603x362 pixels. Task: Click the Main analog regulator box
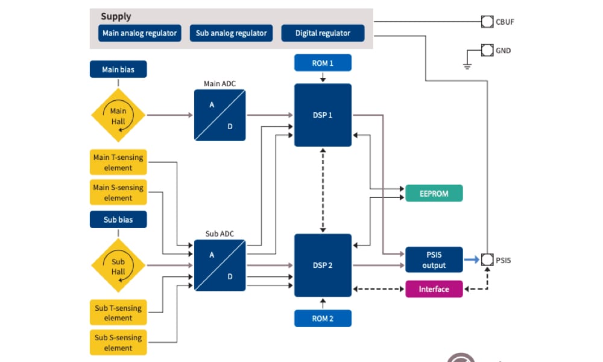coord(140,33)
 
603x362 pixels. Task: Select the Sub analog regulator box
coord(231,33)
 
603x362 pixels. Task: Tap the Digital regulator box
coord(323,33)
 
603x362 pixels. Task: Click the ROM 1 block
coord(323,63)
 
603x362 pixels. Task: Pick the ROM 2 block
coord(323,318)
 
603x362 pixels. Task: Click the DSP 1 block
coord(323,115)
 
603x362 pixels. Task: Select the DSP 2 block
coord(323,265)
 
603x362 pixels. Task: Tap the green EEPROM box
coord(434,193)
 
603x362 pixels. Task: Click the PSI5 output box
coord(434,260)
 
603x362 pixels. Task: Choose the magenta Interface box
coord(434,289)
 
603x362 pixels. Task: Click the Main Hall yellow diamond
coord(118,115)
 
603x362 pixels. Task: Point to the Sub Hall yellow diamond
coord(118,265)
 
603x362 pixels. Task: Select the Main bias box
coord(118,69)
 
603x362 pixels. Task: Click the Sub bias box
coord(118,220)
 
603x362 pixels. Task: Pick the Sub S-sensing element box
coord(118,343)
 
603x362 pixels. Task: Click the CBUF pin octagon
coord(487,22)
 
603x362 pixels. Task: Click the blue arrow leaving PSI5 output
coord(472,260)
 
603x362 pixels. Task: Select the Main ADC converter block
coord(219,115)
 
